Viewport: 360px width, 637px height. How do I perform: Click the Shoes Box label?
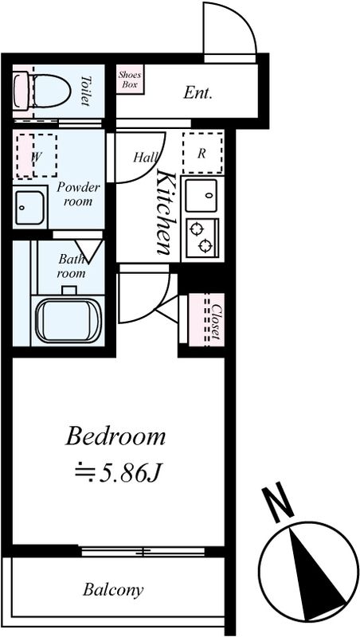[x=130, y=80]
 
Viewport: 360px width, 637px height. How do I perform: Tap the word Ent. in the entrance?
[x=198, y=93]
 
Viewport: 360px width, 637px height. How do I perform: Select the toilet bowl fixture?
[x=42, y=91]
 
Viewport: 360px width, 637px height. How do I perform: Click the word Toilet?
[x=85, y=91]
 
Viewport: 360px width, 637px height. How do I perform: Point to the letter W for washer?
[x=36, y=156]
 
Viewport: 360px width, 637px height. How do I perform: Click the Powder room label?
[x=78, y=194]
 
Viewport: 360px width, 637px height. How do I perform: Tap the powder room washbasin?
[x=29, y=208]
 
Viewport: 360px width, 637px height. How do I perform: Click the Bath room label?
[x=72, y=266]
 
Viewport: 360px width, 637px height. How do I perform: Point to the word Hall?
[x=146, y=157]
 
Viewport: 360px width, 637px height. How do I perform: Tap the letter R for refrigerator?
[x=202, y=154]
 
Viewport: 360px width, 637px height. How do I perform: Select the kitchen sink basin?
[x=202, y=195]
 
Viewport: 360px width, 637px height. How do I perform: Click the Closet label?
[x=216, y=322]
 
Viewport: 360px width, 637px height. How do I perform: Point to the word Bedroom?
[x=115, y=437]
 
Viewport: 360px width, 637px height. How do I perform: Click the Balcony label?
[x=113, y=590]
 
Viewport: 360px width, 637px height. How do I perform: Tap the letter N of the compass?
[x=277, y=502]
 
